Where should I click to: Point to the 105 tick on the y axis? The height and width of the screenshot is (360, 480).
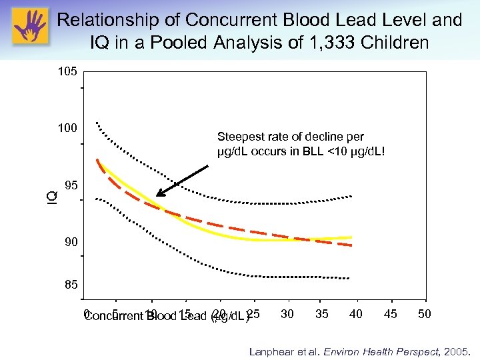68,71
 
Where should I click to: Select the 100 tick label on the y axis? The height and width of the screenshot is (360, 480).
68,128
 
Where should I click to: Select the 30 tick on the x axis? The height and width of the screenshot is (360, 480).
288,314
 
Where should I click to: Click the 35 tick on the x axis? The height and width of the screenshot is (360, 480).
322,314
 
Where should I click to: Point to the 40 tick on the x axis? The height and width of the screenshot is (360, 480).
356,314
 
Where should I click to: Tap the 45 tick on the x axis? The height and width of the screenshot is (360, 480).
391,314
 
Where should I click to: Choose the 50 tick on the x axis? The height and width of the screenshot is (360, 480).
425,314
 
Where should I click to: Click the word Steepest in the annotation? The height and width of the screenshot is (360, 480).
239,137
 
